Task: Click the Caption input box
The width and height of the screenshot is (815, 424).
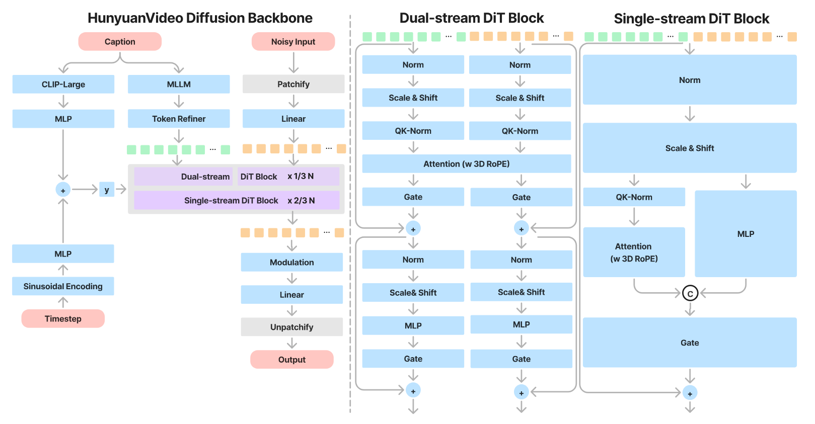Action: (120, 41)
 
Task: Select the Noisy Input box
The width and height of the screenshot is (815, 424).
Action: (293, 41)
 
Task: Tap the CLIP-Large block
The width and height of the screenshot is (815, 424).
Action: (63, 84)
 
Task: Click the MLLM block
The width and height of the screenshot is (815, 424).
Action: (179, 84)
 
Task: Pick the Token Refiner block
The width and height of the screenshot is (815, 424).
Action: (179, 119)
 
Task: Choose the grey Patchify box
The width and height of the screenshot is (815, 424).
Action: (293, 84)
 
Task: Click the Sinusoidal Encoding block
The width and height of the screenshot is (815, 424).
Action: (63, 286)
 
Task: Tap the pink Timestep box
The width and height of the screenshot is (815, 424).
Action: (63, 318)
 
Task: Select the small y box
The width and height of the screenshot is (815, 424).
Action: (107, 190)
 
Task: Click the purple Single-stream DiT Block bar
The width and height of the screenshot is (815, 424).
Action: (237, 200)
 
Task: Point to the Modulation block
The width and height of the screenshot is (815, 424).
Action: (292, 262)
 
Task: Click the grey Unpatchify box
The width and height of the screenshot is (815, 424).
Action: (292, 327)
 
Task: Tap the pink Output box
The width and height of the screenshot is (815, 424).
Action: (292, 359)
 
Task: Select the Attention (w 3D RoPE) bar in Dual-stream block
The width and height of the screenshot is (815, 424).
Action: (467, 163)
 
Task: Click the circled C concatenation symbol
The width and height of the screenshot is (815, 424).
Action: (690, 293)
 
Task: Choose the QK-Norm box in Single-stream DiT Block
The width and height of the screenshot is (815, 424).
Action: (634, 197)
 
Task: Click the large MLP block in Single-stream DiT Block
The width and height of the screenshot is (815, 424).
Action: (746, 234)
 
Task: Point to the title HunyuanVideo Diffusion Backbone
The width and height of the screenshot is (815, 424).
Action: (200, 18)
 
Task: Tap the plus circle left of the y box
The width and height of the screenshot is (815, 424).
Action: (63, 190)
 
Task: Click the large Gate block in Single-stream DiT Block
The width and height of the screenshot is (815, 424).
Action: (690, 343)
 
